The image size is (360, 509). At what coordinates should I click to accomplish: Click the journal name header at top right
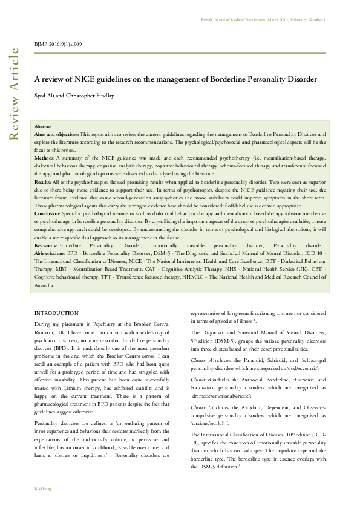(x=263, y=20)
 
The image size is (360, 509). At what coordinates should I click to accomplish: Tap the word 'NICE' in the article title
(x=84, y=80)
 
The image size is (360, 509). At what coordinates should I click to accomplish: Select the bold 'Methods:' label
(x=44, y=157)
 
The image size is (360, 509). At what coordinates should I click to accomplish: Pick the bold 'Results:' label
(x=43, y=181)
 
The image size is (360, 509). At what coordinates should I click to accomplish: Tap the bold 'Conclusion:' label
(x=48, y=213)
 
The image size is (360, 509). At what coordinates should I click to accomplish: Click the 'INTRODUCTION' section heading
(x=56, y=313)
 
